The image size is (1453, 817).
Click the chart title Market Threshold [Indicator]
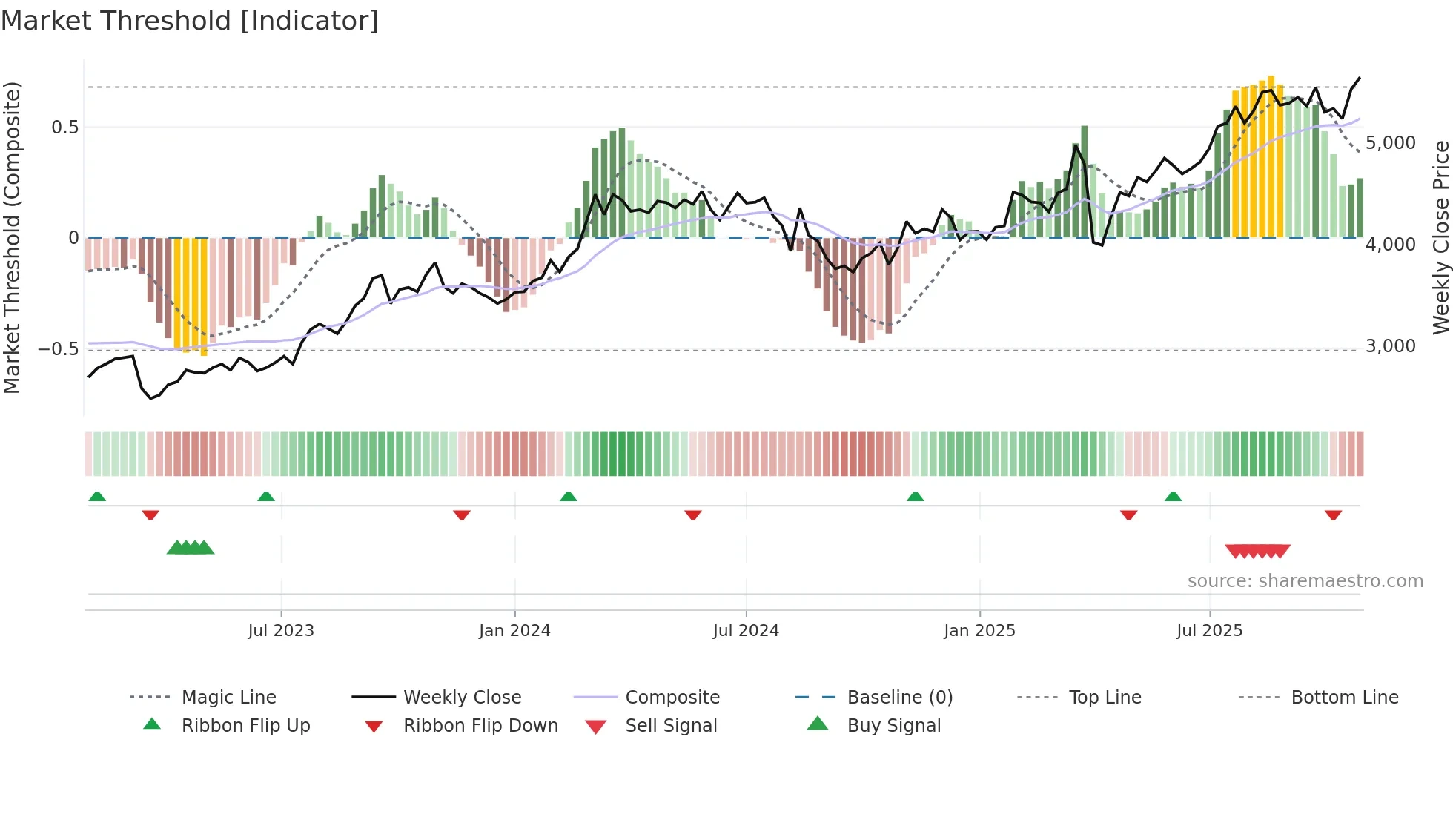click(190, 21)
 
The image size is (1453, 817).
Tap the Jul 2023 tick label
click(281, 631)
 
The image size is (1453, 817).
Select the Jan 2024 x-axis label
click(514, 631)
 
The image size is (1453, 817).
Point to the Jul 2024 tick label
click(746, 631)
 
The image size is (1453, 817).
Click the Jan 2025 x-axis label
click(979, 631)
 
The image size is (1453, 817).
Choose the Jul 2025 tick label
click(1209, 631)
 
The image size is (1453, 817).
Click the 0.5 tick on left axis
click(64, 128)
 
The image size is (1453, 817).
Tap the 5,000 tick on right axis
click(1390, 143)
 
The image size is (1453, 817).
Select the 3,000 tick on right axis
click(1390, 346)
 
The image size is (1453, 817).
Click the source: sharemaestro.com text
click(1305, 581)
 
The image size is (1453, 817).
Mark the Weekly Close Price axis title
click(1440, 237)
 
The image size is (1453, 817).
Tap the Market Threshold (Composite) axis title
click(12, 237)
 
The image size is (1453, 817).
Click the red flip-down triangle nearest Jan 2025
click(1128, 515)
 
